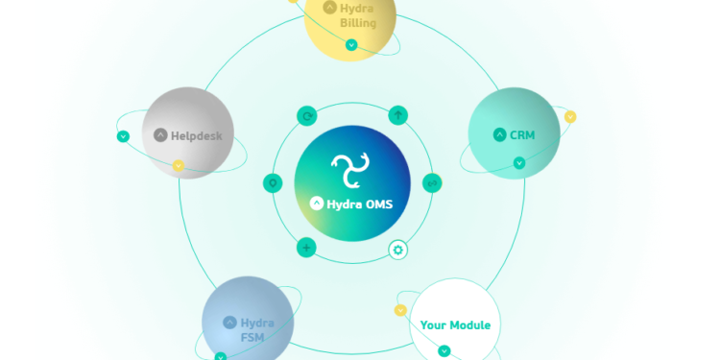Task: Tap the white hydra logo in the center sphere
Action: coord(351,171)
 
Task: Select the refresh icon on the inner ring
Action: coord(307,116)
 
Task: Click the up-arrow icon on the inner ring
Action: coord(398,115)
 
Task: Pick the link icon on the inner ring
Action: coord(432,182)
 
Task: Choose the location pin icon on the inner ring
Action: coord(273,183)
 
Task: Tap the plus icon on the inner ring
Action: coord(306,248)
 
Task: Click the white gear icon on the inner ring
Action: coord(398,250)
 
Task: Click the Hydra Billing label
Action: coord(357,15)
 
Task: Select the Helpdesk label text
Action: coord(196,136)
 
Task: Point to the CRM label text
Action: coord(522,135)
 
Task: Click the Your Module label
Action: coord(455,325)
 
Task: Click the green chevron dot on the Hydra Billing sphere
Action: coord(351,45)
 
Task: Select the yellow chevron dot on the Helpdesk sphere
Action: coord(178,166)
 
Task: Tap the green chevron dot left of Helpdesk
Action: coord(123,136)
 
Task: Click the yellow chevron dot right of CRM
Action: coord(570,117)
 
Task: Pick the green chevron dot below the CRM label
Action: coord(519,163)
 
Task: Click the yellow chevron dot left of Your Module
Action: coord(400,310)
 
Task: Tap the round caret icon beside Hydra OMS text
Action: coord(317,204)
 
